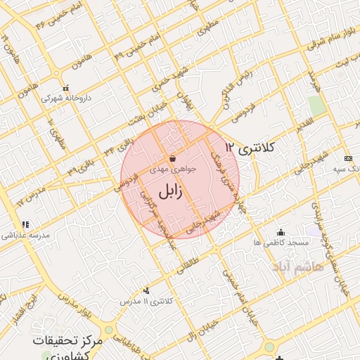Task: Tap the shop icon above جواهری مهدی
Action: coord(173,160)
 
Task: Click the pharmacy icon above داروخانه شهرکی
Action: coord(66,89)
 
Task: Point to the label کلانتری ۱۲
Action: coord(252,148)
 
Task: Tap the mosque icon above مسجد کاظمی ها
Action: coord(281,233)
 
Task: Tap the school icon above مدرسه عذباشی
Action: coord(25,225)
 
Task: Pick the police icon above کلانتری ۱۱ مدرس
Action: coord(146,290)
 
